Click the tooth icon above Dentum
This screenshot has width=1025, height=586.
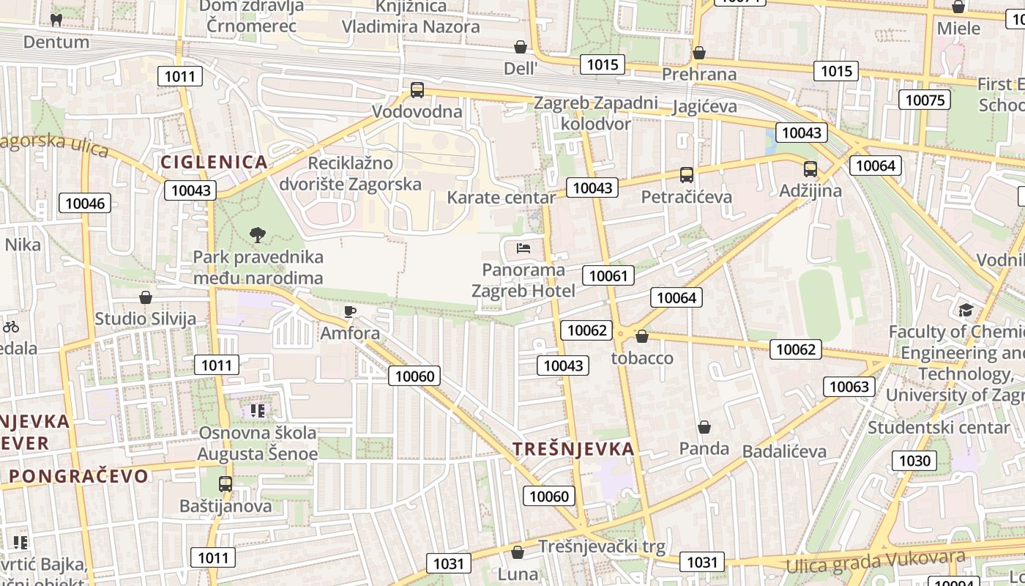56,20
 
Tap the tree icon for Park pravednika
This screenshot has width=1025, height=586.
257,235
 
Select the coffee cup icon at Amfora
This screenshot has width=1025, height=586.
350,312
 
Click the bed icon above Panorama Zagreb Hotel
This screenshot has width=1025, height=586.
523,248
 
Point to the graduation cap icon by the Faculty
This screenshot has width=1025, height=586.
966,310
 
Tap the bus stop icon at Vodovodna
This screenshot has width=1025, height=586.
417,90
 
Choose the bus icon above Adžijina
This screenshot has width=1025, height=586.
810,169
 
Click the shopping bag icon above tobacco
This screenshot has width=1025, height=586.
642,336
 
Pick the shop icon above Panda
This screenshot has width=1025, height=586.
704,427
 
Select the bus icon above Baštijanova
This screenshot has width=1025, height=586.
225,484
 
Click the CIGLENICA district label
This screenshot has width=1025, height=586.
214,163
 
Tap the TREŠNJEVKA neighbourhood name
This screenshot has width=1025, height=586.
573,449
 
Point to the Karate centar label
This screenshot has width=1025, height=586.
502,198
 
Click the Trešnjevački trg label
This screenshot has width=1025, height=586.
602,546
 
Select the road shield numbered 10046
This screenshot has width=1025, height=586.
85,204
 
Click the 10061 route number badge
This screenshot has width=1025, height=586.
608,275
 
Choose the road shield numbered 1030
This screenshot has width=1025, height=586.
914,461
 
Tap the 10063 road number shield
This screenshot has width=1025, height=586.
849,386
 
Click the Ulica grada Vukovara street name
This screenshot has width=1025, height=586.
876,562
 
